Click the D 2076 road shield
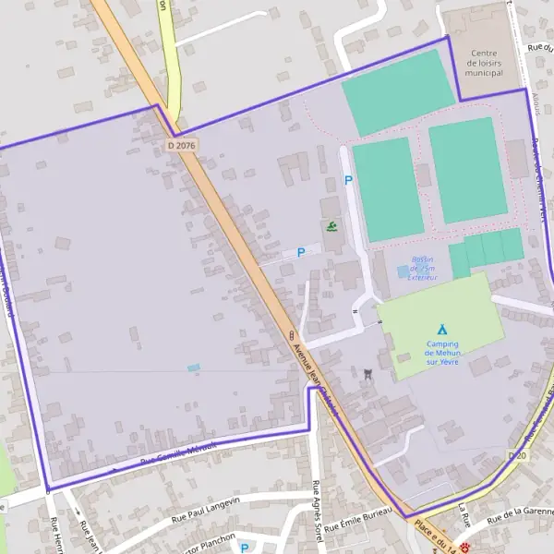(184, 146)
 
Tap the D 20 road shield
(517, 456)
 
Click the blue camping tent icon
(442, 329)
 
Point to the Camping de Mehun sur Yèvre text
(442, 353)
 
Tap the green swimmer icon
(331, 225)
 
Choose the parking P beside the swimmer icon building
(300, 252)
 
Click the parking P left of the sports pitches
(348, 180)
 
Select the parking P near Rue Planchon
(244, 548)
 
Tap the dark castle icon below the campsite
(368, 374)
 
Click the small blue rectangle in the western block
(193, 367)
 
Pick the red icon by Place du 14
(465, 547)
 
